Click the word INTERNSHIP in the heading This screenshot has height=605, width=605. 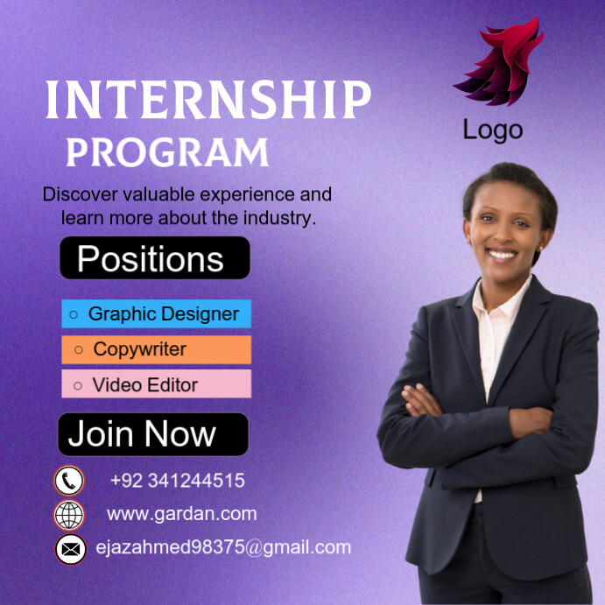point(208,101)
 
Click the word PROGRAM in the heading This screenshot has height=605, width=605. point(167,152)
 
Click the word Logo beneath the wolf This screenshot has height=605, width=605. point(493,130)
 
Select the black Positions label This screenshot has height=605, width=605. point(154,258)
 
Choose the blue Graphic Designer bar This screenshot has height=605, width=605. point(156,313)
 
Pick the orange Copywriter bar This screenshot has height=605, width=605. point(156,349)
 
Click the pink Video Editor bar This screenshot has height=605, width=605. point(156,384)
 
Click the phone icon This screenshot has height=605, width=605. point(69,481)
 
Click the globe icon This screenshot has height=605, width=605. point(69,514)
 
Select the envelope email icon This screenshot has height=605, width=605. point(70,549)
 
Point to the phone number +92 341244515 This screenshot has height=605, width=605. point(178,481)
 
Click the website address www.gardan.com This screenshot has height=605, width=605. point(181,514)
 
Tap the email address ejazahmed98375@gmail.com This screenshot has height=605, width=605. point(223,548)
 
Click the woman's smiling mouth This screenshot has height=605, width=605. point(502,255)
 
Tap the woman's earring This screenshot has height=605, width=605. point(540,246)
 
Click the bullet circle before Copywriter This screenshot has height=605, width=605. point(79,350)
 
